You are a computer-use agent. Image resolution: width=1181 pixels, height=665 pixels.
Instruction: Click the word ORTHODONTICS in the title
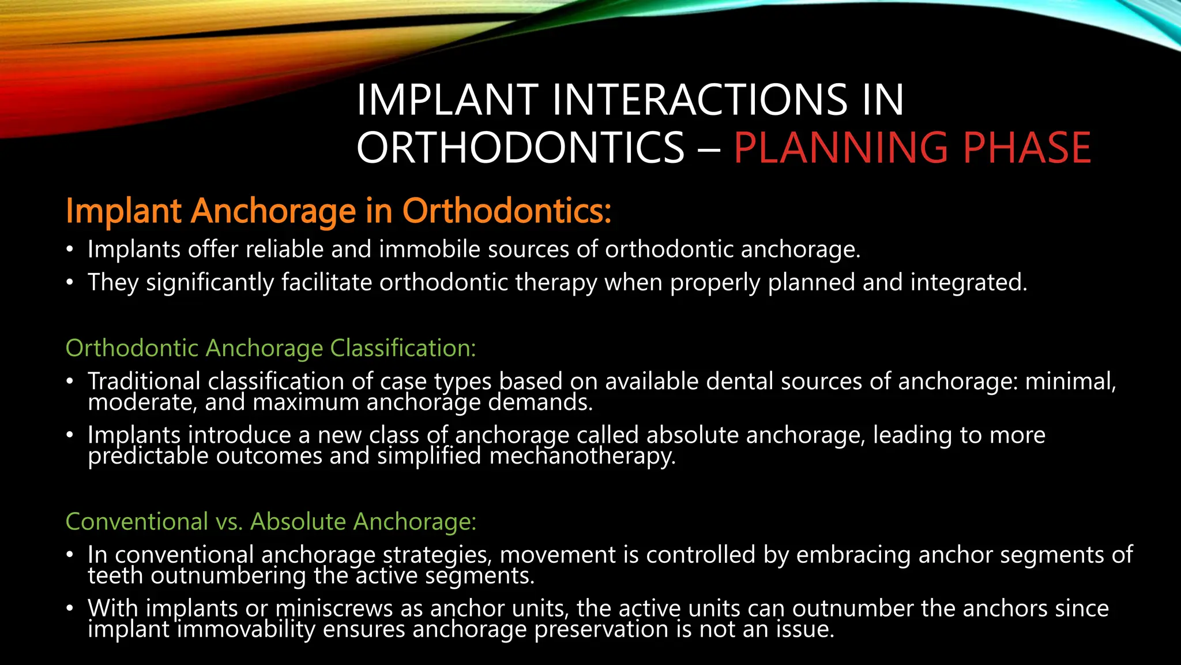click(520, 148)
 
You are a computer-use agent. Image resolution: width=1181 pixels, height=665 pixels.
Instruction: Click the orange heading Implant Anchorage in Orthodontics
click(338, 211)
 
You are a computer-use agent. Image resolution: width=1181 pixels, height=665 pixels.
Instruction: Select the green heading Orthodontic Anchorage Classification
click(270, 348)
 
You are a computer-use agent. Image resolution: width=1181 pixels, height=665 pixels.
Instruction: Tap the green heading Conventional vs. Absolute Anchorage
click(270, 521)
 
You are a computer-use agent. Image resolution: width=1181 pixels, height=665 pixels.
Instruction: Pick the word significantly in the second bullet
click(210, 283)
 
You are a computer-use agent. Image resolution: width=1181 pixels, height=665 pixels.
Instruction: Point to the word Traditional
click(144, 381)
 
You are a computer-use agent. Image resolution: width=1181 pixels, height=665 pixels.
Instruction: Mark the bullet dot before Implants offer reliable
click(70, 250)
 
